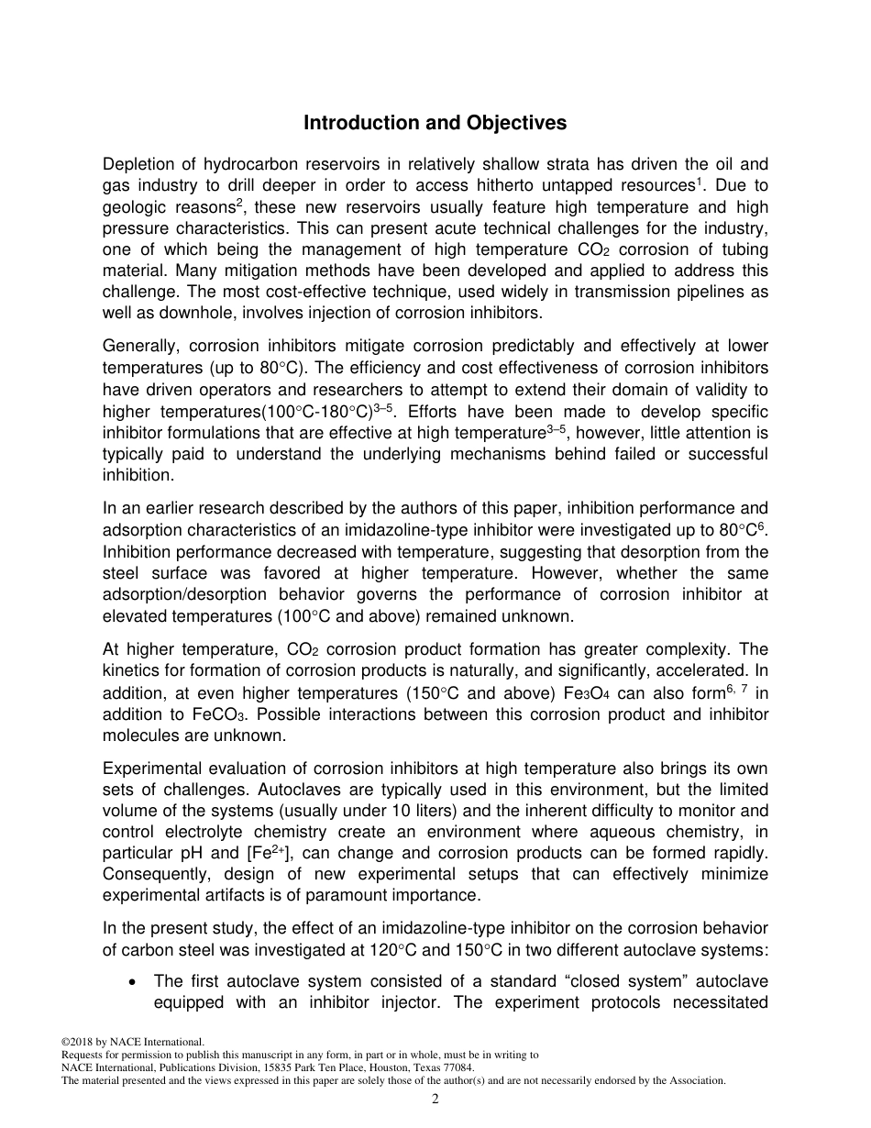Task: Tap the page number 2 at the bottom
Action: pos(435,1099)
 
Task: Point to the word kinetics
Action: pos(130,672)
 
